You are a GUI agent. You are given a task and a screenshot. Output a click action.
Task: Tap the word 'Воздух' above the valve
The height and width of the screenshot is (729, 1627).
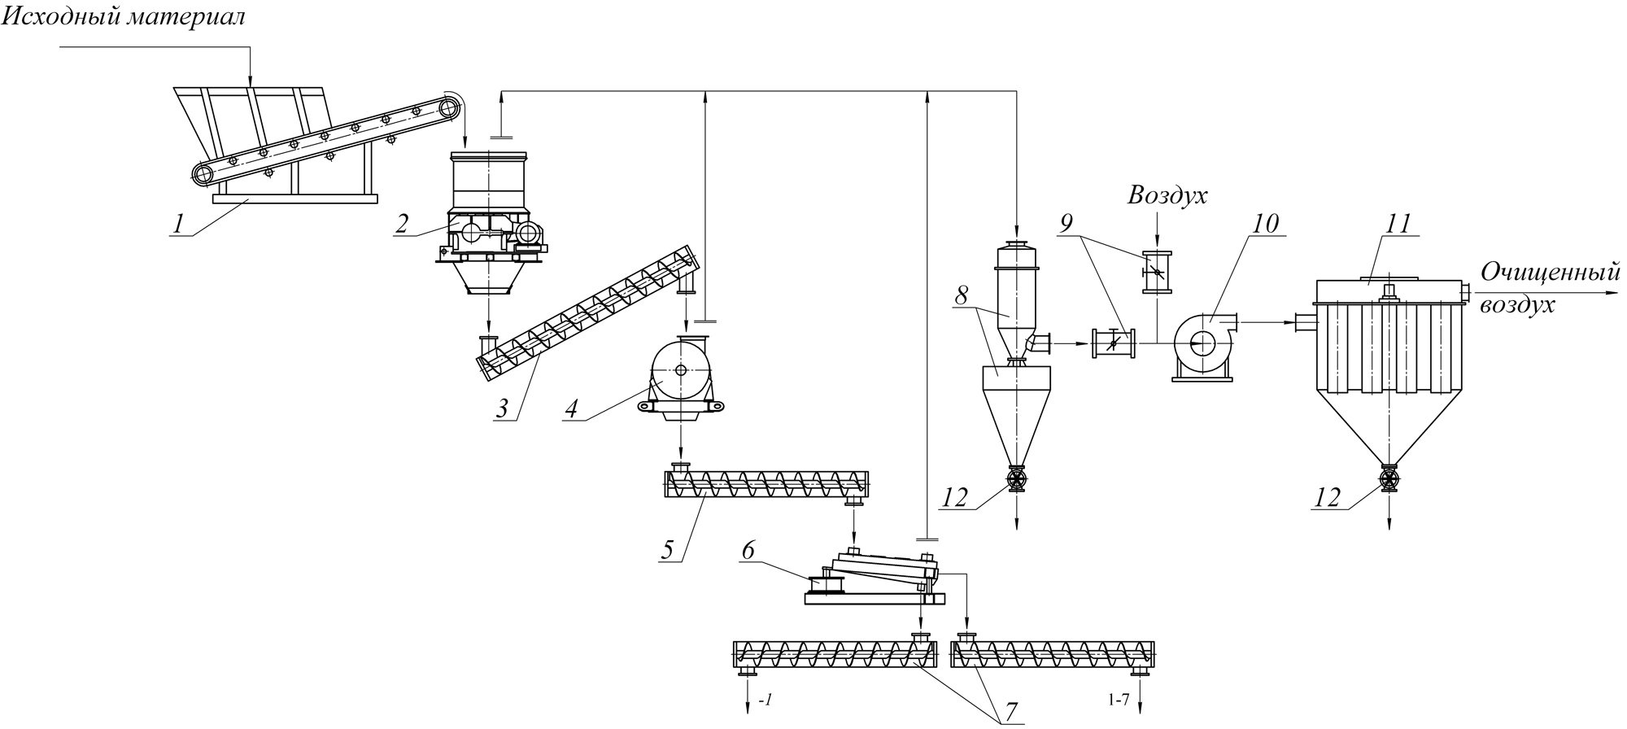pos(1167,196)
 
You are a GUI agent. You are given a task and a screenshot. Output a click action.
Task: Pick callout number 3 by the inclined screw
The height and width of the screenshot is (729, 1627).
pos(504,408)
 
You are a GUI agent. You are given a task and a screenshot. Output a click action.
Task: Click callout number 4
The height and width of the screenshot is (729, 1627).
pos(573,408)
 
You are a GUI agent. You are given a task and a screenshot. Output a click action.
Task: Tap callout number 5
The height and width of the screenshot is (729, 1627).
pos(668,549)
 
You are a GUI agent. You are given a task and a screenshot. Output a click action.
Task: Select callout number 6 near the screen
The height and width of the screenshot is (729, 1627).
pos(748,550)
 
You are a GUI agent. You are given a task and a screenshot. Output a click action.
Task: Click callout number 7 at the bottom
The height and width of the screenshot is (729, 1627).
pos(1011,712)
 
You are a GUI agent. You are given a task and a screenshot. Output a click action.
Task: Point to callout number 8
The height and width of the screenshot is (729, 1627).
pos(962,296)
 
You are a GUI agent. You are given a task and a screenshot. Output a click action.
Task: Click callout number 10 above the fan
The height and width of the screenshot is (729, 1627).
pos(1266,222)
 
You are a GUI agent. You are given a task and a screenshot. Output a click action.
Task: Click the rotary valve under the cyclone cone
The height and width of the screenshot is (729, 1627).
pos(1017,479)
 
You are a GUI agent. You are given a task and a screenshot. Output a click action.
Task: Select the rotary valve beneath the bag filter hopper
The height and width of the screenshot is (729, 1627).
pos(1389,478)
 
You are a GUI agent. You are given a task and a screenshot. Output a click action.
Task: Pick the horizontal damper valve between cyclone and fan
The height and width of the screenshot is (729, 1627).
pos(1114,343)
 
